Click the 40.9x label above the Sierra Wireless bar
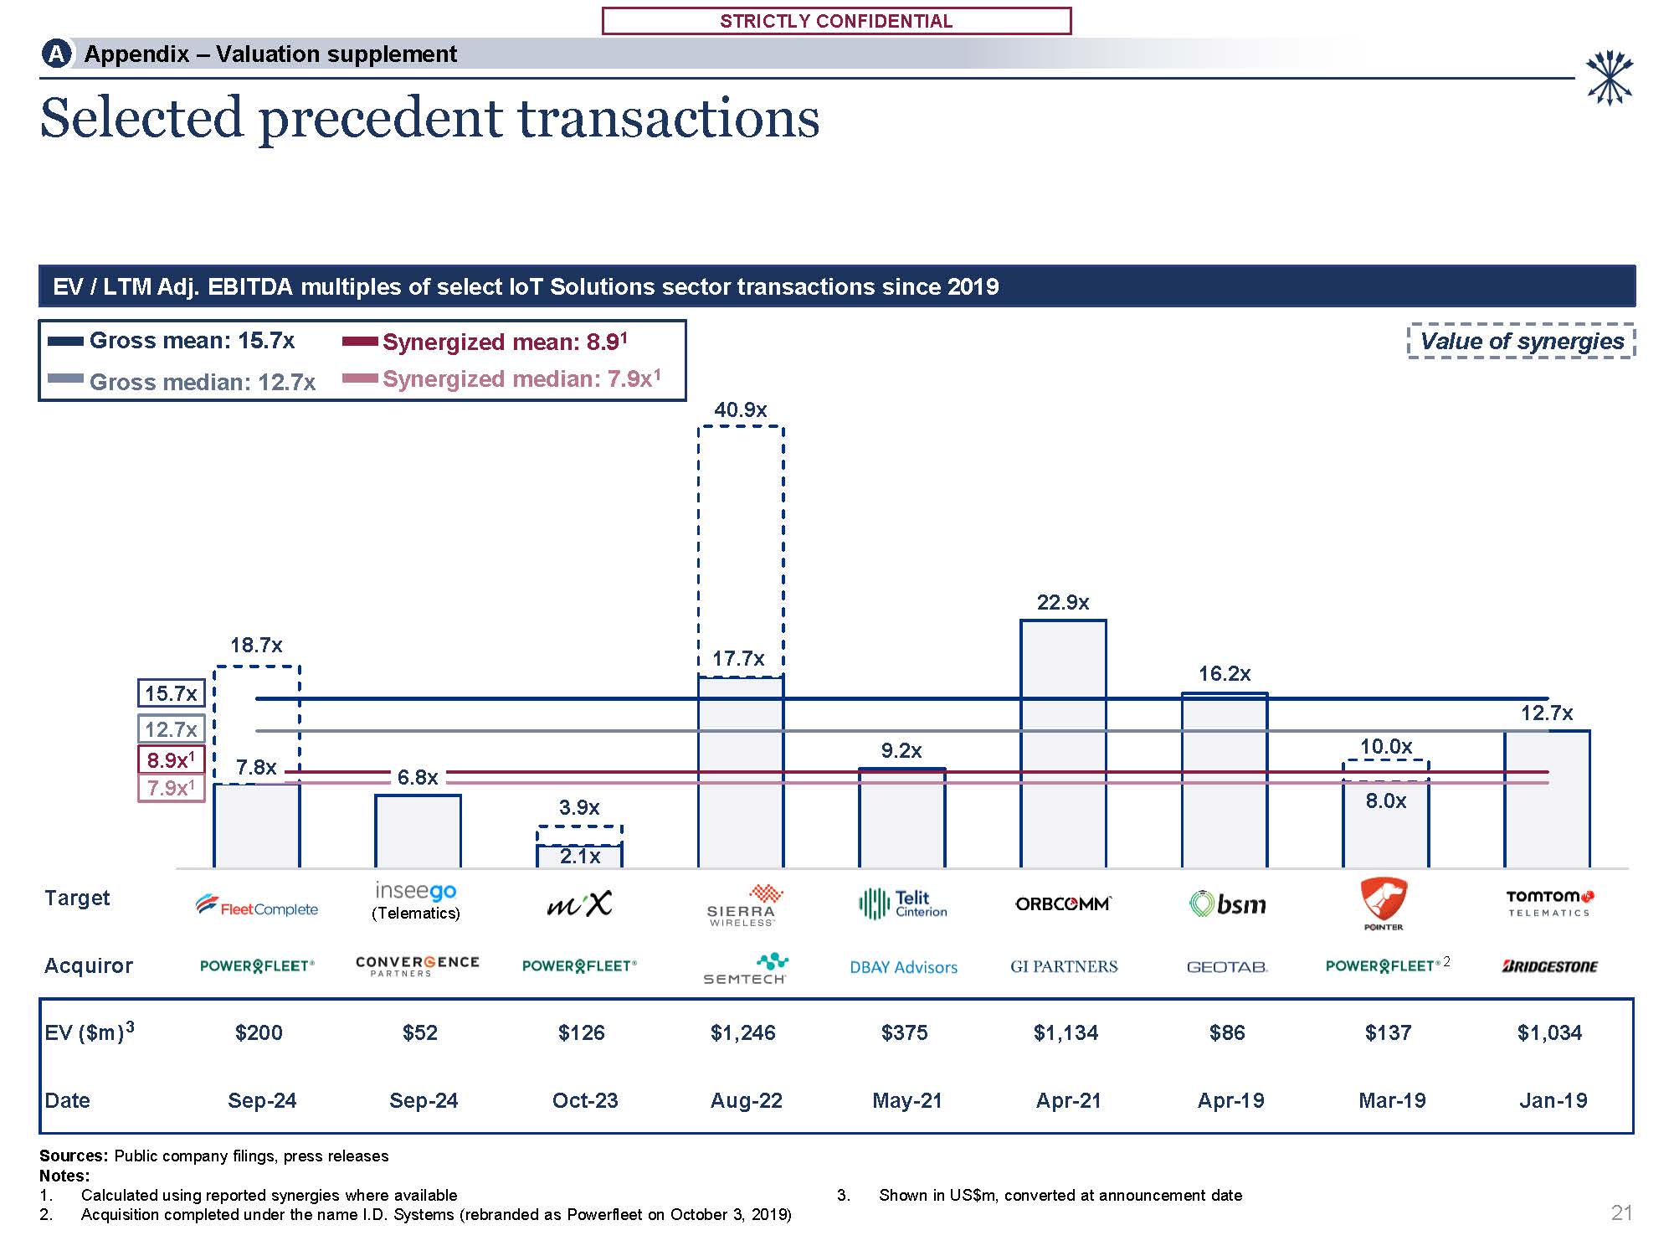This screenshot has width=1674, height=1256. pyautogui.click(x=740, y=409)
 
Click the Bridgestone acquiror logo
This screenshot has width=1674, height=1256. pyautogui.click(x=1549, y=966)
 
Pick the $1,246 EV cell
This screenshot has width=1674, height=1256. pyautogui.click(x=742, y=1032)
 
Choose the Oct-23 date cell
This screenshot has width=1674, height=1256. pyautogui.click(x=584, y=1100)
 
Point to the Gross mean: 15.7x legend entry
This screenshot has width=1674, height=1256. pyautogui.click(x=172, y=341)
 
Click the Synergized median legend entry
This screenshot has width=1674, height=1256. pyautogui.click(x=502, y=379)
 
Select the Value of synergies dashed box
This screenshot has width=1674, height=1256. pyautogui.click(x=1521, y=341)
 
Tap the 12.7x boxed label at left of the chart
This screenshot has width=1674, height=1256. pyautogui.click(x=171, y=728)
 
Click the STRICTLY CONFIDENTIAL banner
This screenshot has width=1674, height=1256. pyautogui.click(x=836, y=21)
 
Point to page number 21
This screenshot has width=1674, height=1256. pyautogui.click(x=1621, y=1212)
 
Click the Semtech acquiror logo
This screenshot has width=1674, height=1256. pyautogui.click(x=744, y=969)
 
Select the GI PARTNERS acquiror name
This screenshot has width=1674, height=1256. pyautogui.click(x=1064, y=966)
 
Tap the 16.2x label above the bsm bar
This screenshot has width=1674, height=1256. pyautogui.click(x=1224, y=673)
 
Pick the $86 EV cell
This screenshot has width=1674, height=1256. pyautogui.click(x=1227, y=1032)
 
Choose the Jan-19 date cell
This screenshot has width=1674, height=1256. pyautogui.click(x=1553, y=1100)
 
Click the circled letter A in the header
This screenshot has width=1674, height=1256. pyautogui.click(x=56, y=54)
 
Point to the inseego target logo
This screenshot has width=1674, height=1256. pyautogui.click(x=416, y=892)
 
